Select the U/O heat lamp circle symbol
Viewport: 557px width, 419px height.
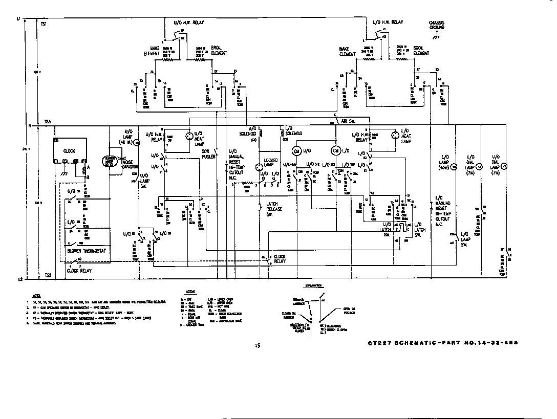click(x=188, y=136)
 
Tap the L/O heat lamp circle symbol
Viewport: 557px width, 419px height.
click(x=394, y=136)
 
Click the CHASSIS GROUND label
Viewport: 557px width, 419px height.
click(x=437, y=25)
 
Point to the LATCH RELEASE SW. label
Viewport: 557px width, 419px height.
click(x=273, y=209)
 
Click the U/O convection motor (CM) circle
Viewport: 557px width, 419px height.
click(x=296, y=151)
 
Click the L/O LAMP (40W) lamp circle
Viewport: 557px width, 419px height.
click(x=454, y=166)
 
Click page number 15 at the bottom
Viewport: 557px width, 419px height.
click(x=258, y=346)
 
